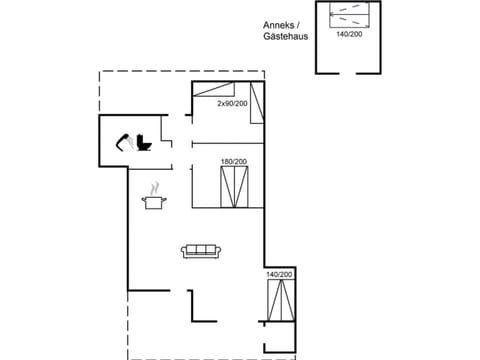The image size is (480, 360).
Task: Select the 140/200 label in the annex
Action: (x=349, y=34)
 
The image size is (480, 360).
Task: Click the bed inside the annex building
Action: (x=349, y=17)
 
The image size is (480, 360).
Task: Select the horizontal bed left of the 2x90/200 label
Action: (x=207, y=92)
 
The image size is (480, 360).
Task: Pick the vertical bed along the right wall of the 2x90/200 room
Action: (x=258, y=103)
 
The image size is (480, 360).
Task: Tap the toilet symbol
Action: (x=143, y=143)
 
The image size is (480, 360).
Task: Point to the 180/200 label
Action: (x=233, y=162)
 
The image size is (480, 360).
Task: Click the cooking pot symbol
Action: (x=154, y=203)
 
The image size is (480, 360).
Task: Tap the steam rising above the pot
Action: (x=154, y=187)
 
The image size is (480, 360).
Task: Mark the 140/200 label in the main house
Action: (x=279, y=274)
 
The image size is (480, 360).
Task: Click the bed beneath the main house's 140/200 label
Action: (x=279, y=300)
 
